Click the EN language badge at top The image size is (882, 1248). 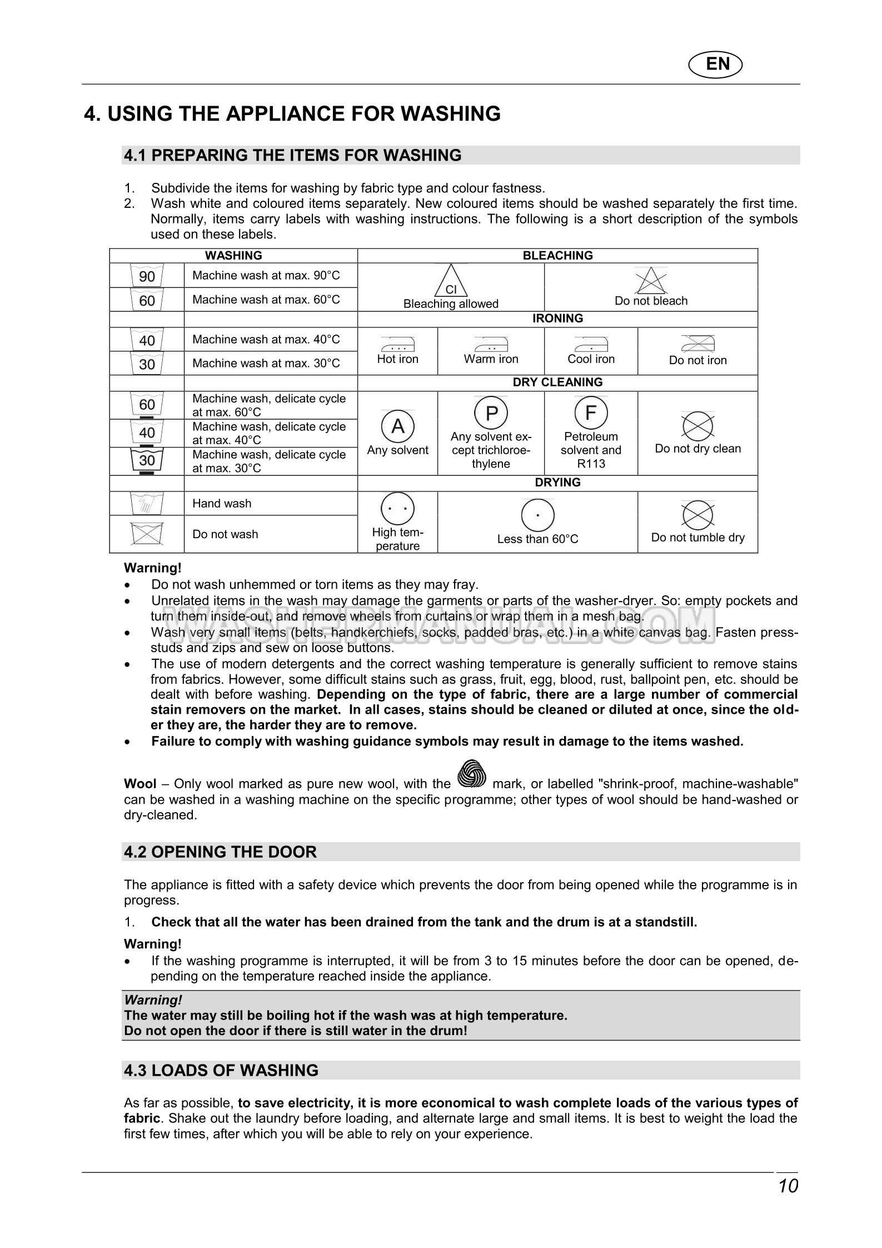(716, 64)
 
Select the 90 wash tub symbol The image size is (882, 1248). (147, 276)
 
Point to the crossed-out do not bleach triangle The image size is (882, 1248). (651, 281)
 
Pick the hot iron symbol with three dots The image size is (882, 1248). (398, 344)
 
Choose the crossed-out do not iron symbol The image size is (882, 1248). (697, 344)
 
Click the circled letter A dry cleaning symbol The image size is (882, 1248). (398, 426)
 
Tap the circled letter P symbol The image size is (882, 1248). (491, 413)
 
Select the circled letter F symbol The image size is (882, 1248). (591, 413)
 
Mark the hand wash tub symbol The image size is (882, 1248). (147, 504)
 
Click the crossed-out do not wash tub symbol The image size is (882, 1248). (147, 534)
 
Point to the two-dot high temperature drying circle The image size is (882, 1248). (398, 509)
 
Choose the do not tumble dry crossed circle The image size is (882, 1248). (697, 515)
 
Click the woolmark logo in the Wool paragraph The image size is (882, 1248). (471, 774)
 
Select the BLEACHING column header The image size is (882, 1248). (557, 256)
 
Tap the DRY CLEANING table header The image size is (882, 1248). (557, 382)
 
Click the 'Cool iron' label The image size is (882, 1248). (591, 359)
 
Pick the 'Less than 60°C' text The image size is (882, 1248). (537, 539)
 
